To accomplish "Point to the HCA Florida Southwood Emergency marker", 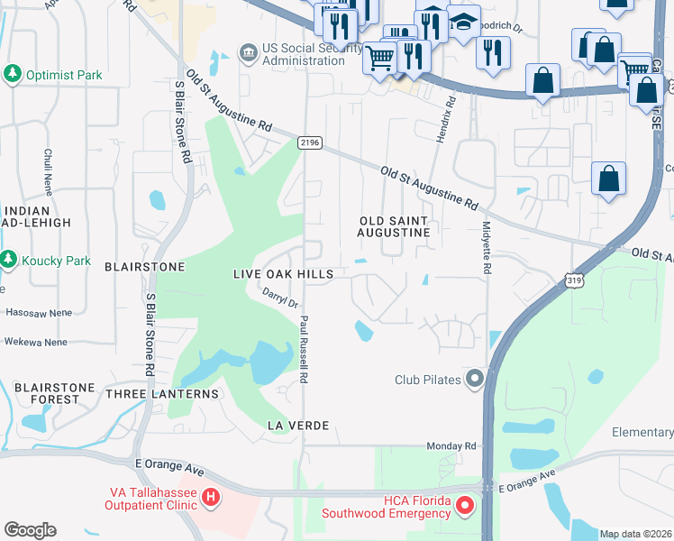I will click(465, 506).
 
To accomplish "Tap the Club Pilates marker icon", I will click(474, 379).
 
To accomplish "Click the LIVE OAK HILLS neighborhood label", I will click(283, 274).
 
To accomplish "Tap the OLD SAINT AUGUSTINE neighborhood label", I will click(394, 226).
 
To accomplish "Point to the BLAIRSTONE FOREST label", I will click(54, 394).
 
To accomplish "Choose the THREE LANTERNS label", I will click(161, 394).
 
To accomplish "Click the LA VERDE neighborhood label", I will click(296, 425).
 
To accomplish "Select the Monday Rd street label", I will click(451, 446).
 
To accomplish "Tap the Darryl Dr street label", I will click(280, 297).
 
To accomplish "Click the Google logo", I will click(30, 530).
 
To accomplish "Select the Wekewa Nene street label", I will click(36, 343).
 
